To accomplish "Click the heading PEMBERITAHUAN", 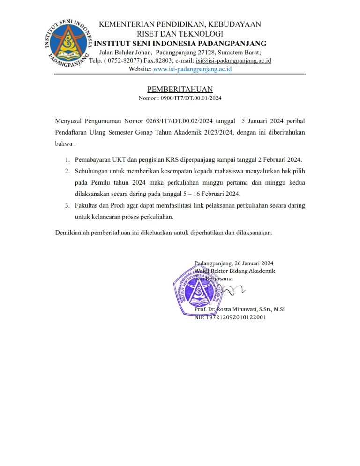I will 180,89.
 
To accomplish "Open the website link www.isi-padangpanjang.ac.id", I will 192,69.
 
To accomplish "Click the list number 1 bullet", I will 67,160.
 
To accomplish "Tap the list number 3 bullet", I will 67,205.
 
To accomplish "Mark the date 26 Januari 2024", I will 254,263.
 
